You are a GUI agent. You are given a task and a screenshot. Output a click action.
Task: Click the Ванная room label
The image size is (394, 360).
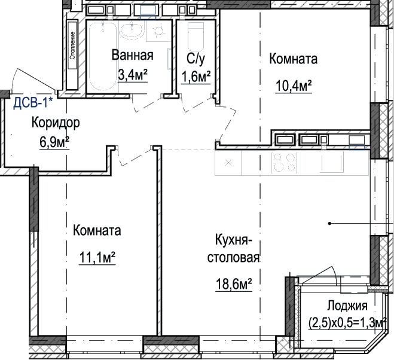pos(132,55)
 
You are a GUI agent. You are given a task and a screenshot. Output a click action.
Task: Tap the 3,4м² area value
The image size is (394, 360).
pos(132,75)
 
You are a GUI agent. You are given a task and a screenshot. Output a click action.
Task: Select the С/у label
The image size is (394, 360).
pos(196,59)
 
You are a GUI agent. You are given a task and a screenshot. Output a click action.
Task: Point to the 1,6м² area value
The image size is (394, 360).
pos(196,77)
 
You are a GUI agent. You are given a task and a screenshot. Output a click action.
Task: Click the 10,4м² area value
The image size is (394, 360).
pos(294,86)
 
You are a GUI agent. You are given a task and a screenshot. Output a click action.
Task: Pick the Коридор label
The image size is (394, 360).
pos(56,123)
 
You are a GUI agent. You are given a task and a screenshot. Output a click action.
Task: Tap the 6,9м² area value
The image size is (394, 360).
pos(54,142)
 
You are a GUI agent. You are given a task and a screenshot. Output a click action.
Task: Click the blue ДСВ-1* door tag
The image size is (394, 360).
pos(33,103)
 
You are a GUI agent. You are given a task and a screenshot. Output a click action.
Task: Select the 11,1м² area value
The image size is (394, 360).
pos(97,257)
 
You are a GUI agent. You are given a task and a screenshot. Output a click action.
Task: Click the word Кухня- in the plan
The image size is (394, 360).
pos(233,240)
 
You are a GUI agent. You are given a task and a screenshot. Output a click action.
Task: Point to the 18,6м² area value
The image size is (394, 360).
pos(234,284)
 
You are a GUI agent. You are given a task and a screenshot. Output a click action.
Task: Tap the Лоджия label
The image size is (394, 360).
pos(347,306)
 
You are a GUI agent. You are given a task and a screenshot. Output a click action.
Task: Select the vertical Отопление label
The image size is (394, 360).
pos(72,45)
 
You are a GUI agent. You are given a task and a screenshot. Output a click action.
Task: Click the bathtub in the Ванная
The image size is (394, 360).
pos(103,56)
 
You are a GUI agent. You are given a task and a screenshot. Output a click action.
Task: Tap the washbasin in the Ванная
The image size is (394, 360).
pos(132,30)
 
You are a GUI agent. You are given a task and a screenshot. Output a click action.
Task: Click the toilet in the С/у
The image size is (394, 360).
pos(196,36)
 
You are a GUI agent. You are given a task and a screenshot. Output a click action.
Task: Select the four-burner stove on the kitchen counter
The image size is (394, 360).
pos(284,163)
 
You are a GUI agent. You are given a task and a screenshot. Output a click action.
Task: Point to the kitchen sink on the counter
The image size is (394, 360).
pos(332,163)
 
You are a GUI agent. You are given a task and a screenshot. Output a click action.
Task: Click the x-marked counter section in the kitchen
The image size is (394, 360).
pos(228,163)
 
